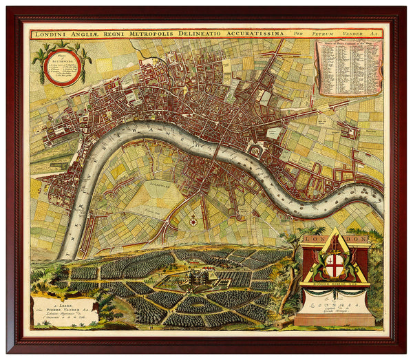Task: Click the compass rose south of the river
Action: point(193,220)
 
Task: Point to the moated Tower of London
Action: point(256,150)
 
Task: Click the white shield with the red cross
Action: point(334,265)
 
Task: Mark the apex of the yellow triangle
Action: point(334,230)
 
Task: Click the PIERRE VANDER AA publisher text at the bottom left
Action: point(63,304)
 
